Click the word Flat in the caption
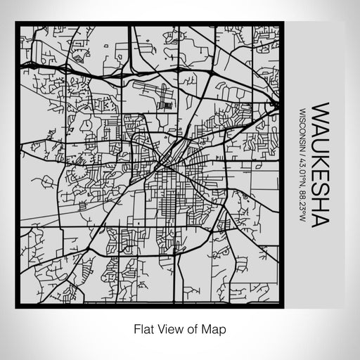(141, 328)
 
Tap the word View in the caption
(167, 328)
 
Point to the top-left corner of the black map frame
(17, 25)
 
